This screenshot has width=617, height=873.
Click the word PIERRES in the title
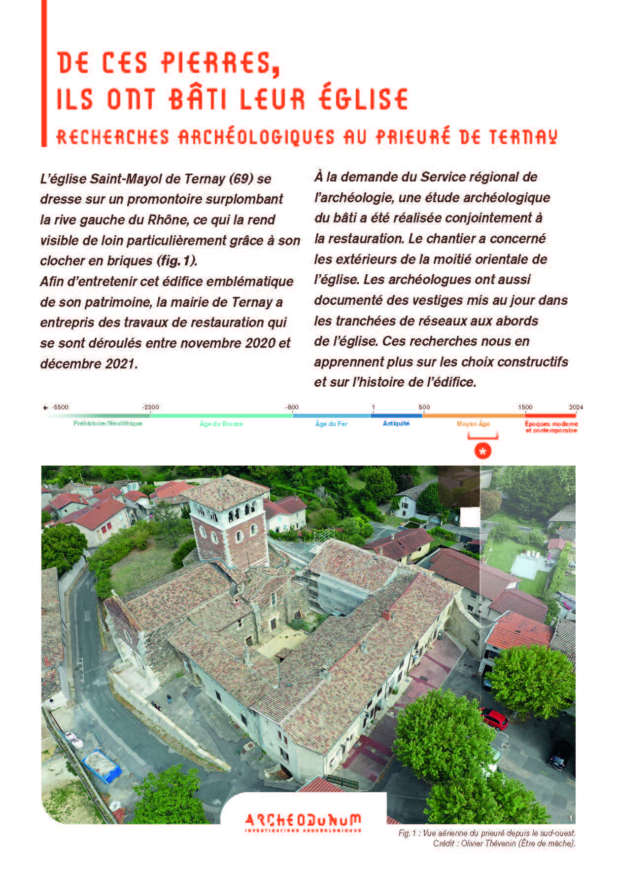pos(217,63)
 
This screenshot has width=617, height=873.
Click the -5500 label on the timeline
pos(61,407)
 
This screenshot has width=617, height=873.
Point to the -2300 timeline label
pos(151,407)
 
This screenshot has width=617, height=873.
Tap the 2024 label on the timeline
pos(576,407)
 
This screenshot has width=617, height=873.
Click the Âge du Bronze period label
pos(221,424)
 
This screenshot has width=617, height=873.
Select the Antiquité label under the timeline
pos(396,424)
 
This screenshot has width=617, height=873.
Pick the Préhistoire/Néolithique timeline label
pos(108,424)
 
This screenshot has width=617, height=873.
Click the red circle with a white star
pos(483,451)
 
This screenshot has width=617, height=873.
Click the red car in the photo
pos(494,719)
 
